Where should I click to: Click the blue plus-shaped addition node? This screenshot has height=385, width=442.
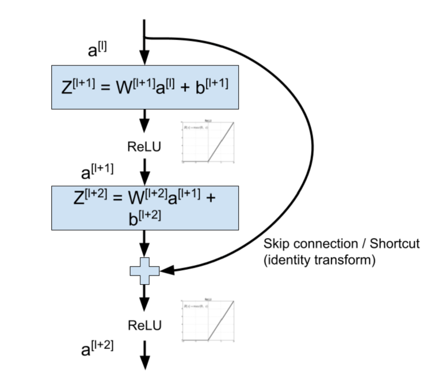(x=144, y=270)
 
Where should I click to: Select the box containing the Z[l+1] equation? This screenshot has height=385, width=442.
(x=144, y=86)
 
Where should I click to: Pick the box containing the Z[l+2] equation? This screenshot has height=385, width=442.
(x=144, y=207)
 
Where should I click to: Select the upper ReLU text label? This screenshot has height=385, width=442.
(x=144, y=147)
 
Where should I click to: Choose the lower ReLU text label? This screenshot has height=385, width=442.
(x=144, y=326)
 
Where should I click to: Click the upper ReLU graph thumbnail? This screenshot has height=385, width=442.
(x=208, y=142)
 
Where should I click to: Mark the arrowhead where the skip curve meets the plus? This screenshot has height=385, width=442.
(x=167, y=270)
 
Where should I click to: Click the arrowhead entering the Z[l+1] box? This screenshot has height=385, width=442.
(x=144, y=58)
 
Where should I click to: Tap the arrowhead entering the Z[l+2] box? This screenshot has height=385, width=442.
(x=144, y=179)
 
